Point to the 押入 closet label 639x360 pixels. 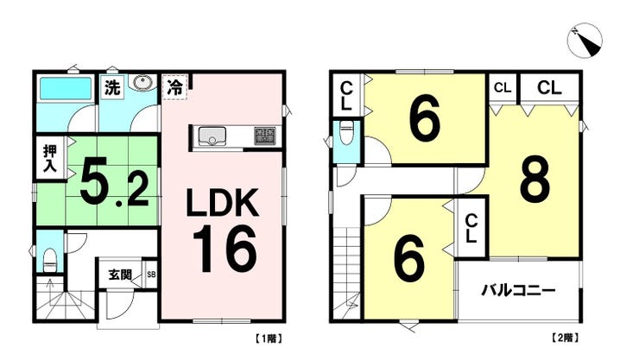(50, 160)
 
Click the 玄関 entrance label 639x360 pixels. (120, 275)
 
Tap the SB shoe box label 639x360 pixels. (151, 275)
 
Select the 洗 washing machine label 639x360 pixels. (111, 86)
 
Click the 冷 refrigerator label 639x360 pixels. (174, 86)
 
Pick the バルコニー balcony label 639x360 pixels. (517, 288)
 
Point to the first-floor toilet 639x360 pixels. (49, 256)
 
